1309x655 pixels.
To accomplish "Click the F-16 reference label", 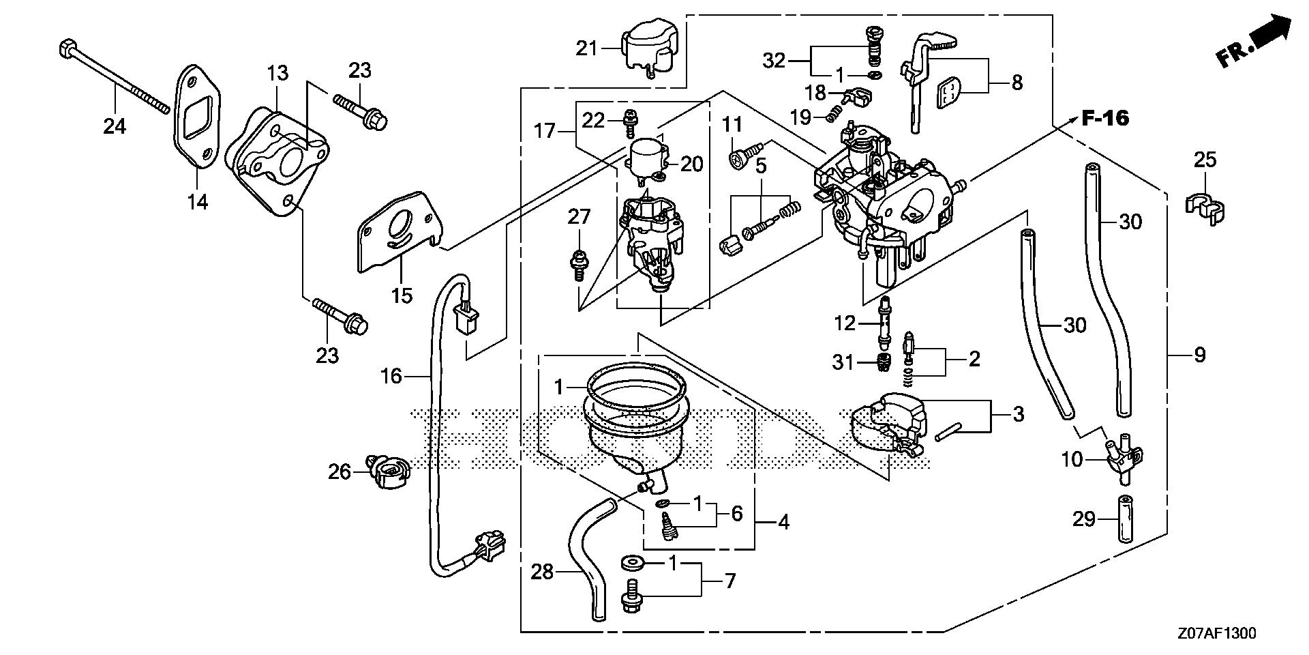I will tap(1105, 119).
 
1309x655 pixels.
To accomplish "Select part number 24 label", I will tap(115, 126).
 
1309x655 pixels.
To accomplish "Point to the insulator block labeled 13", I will tap(276, 161).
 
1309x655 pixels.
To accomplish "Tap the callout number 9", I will tap(1200, 355).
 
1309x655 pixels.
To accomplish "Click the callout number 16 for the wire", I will tap(391, 376).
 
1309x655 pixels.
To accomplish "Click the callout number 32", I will tap(774, 61).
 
